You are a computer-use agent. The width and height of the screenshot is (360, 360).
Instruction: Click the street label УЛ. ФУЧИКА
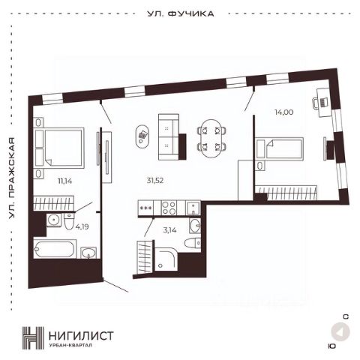[x=181, y=13]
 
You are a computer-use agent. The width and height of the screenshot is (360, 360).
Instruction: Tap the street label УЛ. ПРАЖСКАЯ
[x=12, y=178]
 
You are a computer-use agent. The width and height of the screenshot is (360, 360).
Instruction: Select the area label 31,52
[x=155, y=180]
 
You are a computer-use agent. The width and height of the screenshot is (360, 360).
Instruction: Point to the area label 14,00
[x=284, y=112]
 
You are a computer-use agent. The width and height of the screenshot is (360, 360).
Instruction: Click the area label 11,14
[x=65, y=181]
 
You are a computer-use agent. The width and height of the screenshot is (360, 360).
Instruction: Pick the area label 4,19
[x=82, y=227]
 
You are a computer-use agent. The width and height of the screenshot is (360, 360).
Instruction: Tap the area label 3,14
[x=169, y=230]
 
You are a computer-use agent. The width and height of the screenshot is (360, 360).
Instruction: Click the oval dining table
[x=211, y=138]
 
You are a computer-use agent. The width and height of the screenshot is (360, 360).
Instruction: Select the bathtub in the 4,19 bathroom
[x=55, y=249]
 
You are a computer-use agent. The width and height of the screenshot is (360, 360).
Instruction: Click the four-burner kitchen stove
[x=169, y=208]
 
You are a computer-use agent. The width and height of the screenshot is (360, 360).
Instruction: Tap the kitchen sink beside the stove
[x=193, y=208]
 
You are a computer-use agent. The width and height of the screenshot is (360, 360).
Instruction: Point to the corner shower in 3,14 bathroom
[x=166, y=259]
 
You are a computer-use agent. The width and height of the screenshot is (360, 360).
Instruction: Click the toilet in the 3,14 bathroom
[x=192, y=242]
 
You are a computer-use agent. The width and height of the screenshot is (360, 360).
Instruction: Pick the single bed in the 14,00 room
[x=280, y=148]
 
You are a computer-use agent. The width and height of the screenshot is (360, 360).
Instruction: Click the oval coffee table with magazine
[x=142, y=136]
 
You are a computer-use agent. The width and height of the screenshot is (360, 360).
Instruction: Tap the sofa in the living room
[x=169, y=136]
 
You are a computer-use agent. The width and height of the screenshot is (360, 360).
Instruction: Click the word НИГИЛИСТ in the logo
[x=81, y=335]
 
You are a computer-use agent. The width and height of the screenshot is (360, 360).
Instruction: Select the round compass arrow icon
[x=340, y=331]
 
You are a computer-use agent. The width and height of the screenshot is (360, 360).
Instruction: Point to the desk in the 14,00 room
[x=324, y=102]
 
